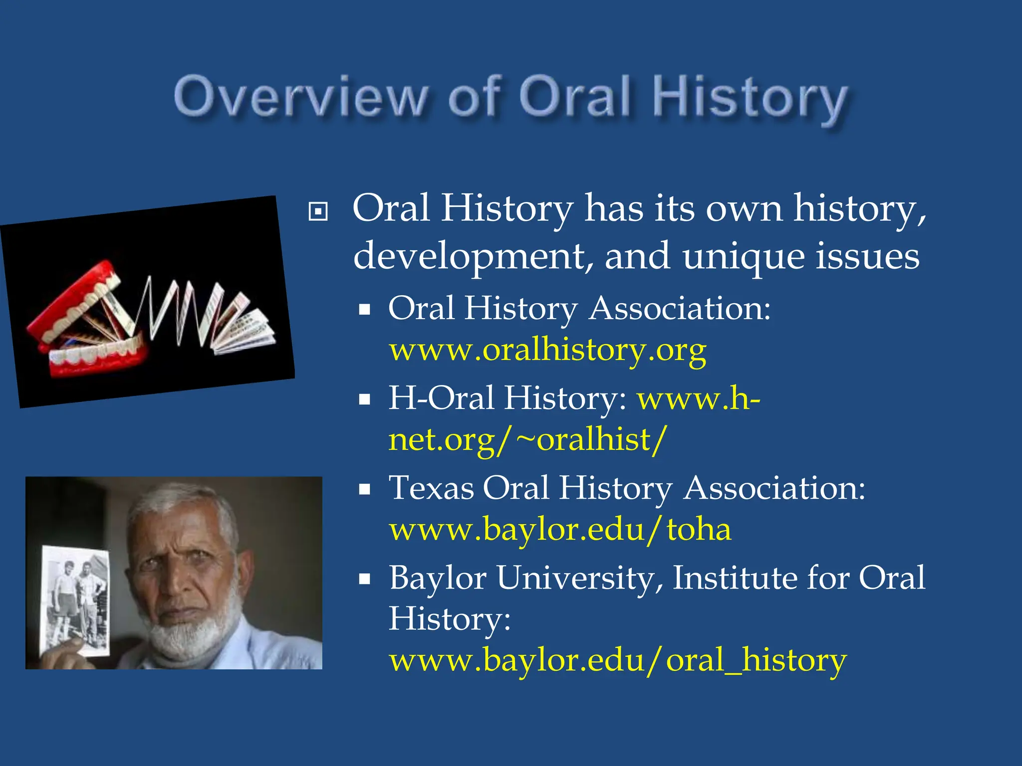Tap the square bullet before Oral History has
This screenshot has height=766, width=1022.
(318, 211)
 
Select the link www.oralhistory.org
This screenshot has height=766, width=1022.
(547, 350)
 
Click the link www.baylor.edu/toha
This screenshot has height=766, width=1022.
(560, 530)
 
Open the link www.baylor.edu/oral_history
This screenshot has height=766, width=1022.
(618, 660)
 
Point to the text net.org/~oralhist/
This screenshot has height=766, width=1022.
(527, 440)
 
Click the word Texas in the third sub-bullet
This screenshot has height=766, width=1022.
(431, 488)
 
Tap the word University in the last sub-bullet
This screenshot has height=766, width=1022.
(579, 577)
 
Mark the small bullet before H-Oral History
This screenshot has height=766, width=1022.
(365, 399)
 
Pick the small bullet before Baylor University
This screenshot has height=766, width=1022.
(365, 579)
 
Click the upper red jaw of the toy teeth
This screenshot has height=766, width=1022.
(75, 299)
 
